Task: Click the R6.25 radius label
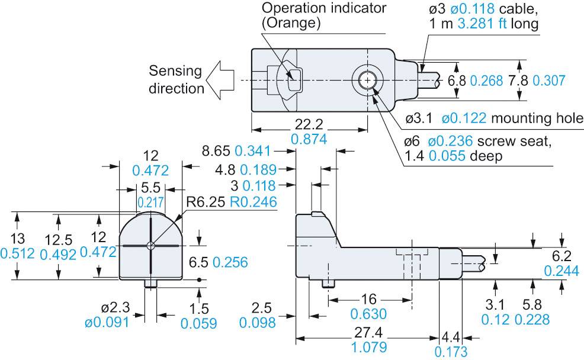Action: (207, 202)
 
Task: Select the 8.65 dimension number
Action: (215, 151)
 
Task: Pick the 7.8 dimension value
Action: (519, 81)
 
